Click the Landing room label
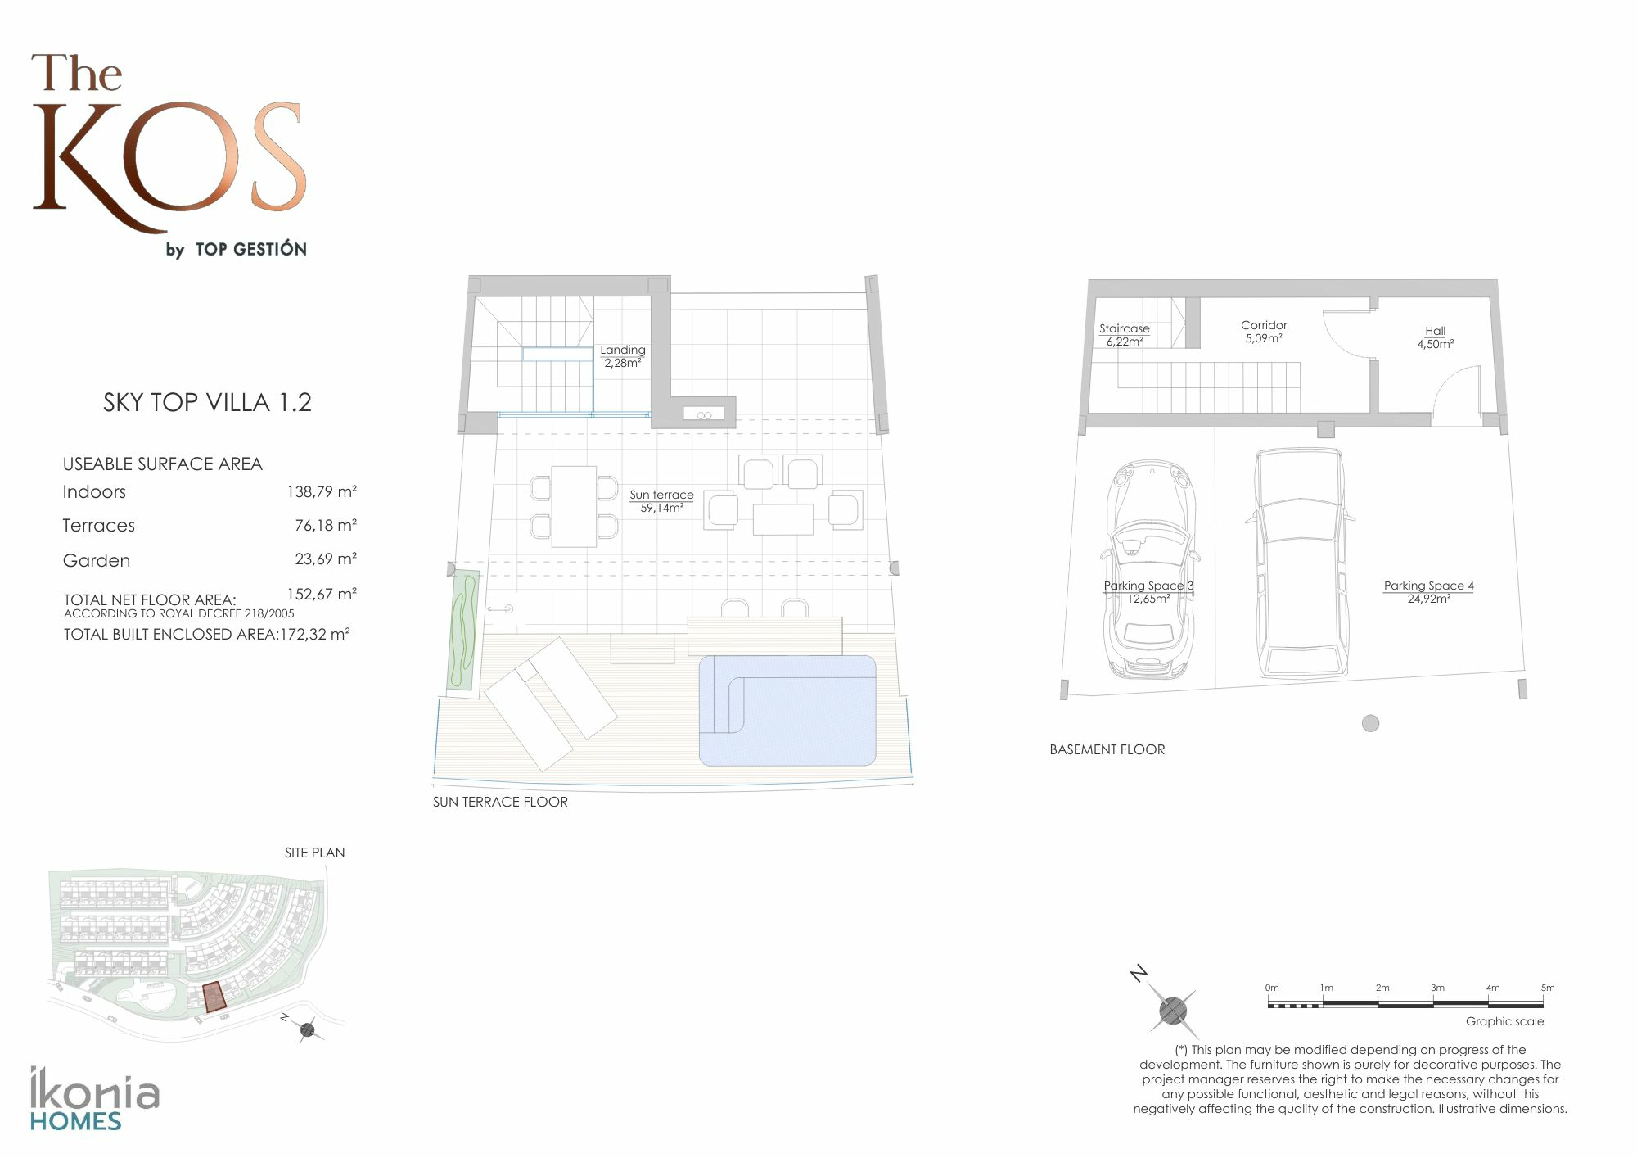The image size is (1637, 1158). tap(623, 356)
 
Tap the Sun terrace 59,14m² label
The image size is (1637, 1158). tap(661, 501)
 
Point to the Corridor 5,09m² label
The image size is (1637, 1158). tap(1264, 332)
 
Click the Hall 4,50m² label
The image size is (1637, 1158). tap(1436, 337)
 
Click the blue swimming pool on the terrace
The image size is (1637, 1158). tap(787, 710)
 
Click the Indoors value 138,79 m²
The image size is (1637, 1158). tap(322, 492)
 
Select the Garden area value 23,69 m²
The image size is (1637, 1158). tap(326, 559)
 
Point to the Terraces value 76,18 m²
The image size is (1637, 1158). tap(326, 525)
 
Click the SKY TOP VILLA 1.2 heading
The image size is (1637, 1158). tap(207, 402)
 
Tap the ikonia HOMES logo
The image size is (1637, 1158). tap(94, 1098)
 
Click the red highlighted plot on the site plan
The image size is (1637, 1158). tap(213, 997)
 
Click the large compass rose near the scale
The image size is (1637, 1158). tap(1173, 1009)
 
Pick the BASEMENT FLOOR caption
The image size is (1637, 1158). tap(1107, 749)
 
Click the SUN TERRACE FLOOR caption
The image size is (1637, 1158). tap(500, 802)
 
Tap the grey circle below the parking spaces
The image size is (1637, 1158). tap(1370, 723)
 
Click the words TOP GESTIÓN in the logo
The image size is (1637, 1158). tap(251, 249)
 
